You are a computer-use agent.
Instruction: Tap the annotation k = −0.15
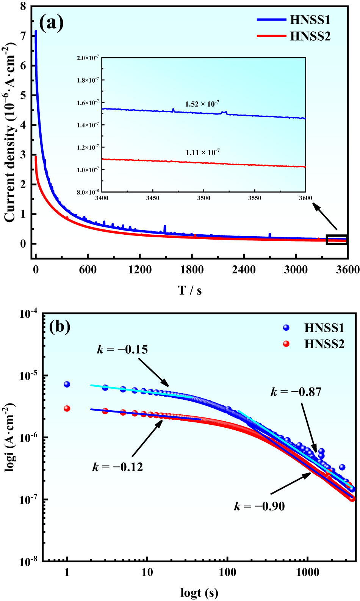point(122,349)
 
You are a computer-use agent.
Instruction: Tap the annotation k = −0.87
point(296,392)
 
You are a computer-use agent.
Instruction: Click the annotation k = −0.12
point(118,467)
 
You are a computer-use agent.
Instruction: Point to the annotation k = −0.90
point(259,506)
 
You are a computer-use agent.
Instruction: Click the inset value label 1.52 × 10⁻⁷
point(202,104)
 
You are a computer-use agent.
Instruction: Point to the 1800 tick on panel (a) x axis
point(192,270)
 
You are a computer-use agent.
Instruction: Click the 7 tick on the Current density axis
point(23,36)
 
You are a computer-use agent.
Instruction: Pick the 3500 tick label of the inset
point(203,198)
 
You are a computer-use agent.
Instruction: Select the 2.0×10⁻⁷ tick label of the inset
point(88,58)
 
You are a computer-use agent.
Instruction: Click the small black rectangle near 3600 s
point(337,239)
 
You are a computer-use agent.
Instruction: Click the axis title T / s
point(189,290)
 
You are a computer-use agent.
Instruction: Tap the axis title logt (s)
point(199,592)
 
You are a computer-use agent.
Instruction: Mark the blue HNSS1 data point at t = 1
point(67,384)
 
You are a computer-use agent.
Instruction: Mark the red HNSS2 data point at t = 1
point(67,408)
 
